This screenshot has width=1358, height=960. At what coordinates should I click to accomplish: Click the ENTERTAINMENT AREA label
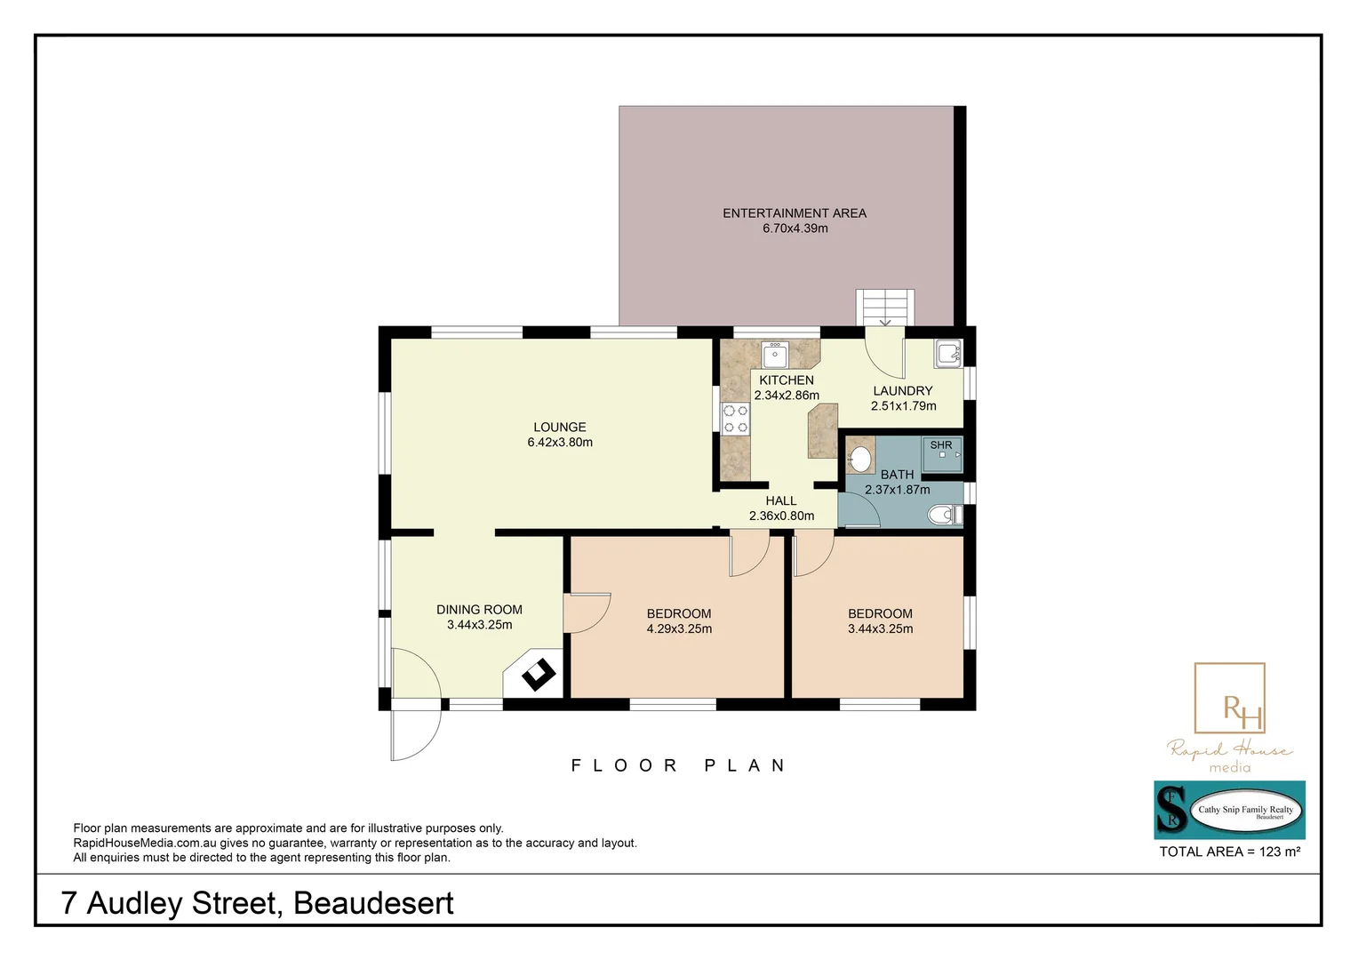tap(794, 213)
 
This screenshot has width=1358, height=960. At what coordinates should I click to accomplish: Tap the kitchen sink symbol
tap(775, 355)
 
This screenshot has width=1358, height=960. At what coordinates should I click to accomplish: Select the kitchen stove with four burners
tap(735, 419)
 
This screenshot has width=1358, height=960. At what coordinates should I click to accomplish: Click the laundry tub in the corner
tap(947, 354)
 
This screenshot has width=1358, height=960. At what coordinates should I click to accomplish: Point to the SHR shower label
tap(941, 445)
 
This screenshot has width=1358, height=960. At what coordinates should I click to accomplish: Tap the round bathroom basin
tap(860, 459)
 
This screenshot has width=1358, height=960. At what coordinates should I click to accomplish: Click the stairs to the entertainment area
tap(884, 308)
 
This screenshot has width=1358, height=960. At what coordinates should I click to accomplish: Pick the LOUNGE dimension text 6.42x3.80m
tap(560, 443)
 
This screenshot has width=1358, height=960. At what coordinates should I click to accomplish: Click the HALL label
tap(781, 501)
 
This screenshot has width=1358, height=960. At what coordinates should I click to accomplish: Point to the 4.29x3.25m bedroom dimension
tap(679, 629)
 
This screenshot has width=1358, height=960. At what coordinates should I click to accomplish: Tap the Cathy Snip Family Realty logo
tap(1230, 810)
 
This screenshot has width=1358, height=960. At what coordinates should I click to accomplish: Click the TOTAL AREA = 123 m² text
tap(1230, 852)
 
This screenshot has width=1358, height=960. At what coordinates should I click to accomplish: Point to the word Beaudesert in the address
tap(373, 903)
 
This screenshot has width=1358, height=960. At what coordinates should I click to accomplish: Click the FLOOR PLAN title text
tap(679, 765)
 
